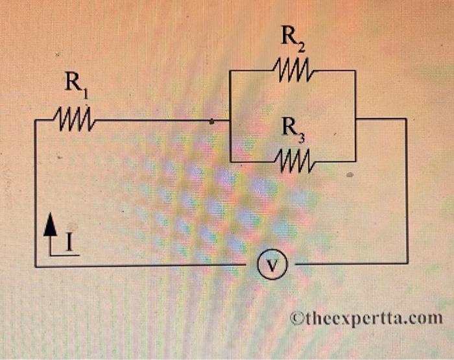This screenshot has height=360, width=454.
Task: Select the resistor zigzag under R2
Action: click(x=294, y=68)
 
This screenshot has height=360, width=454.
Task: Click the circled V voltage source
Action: click(x=271, y=264)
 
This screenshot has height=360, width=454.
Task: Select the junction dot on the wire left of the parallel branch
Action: click(x=212, y=121)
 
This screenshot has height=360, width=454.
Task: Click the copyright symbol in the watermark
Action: click(x=296, y=318)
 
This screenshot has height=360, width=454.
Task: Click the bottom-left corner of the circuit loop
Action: click(x=36, y=265)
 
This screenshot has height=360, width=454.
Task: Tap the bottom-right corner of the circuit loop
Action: click(x=407, y=263)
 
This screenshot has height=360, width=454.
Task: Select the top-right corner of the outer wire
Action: click(x=406, y=119)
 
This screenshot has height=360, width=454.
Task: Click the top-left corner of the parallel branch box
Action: click(x=231, y=70)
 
